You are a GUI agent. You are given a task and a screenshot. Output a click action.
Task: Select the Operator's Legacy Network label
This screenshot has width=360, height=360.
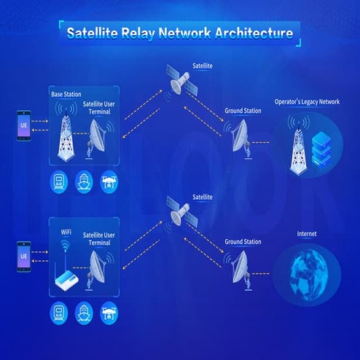click(307, 102)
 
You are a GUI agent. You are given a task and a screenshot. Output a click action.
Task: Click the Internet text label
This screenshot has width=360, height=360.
click(307, 234)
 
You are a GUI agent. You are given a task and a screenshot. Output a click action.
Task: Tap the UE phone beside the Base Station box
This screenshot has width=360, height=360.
click(23, 125)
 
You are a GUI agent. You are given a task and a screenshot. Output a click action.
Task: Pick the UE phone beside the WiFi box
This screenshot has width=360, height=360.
click(23, 257)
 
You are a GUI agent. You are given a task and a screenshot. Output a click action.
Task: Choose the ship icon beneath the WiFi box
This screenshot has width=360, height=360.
click(85, 314)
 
